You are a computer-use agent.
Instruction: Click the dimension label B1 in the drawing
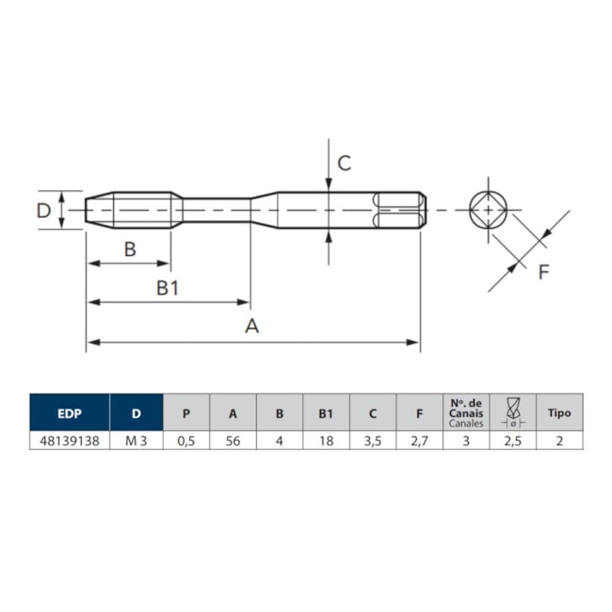pyautogui.click(x=167, y=288)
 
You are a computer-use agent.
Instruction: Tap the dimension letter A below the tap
pyautogui.click(x=251, y=327)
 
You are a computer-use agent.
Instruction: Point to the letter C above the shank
pyautogui.click(x=345, y=163)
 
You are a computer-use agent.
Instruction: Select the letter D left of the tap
pyautogui.click(x=43, y=210)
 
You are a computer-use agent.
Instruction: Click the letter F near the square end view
pyautogui.click(x=543, y=273)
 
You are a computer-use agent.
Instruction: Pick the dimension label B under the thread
pyautogui.click(x=130, y=250)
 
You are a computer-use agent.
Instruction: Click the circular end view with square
pyautogui.click(x=489, y=209)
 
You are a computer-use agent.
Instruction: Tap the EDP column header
pyautogui.click(x=69, y=412)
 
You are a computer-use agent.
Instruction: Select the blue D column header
pyautogui.click(x=137, y=412)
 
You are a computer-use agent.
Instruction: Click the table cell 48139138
pyautogui.click(x=69, y=440)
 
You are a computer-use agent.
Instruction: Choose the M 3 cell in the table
pyautogui.click(x=137, y=440)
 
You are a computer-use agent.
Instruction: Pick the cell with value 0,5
pyautogui.click(x=186, y=440)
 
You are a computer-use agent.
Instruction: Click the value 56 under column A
pyautogui.click(x=233, y=440)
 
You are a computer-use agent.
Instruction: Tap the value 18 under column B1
pyautogui.click(x=326, y=440)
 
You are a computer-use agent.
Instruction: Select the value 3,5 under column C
pyautogui.click(x=373, y=440)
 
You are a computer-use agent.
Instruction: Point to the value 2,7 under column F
pyautogui.click(x=420, y=440)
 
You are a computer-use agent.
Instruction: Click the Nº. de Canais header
pyautogui.click(x=466, y=412)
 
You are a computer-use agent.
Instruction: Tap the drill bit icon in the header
pyautogui.click(x=513, y=412)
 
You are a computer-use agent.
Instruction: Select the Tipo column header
pyautogui.click(x=559, y=412)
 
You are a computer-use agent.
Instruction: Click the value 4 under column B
pyautogui.click(x=280, y=440)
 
